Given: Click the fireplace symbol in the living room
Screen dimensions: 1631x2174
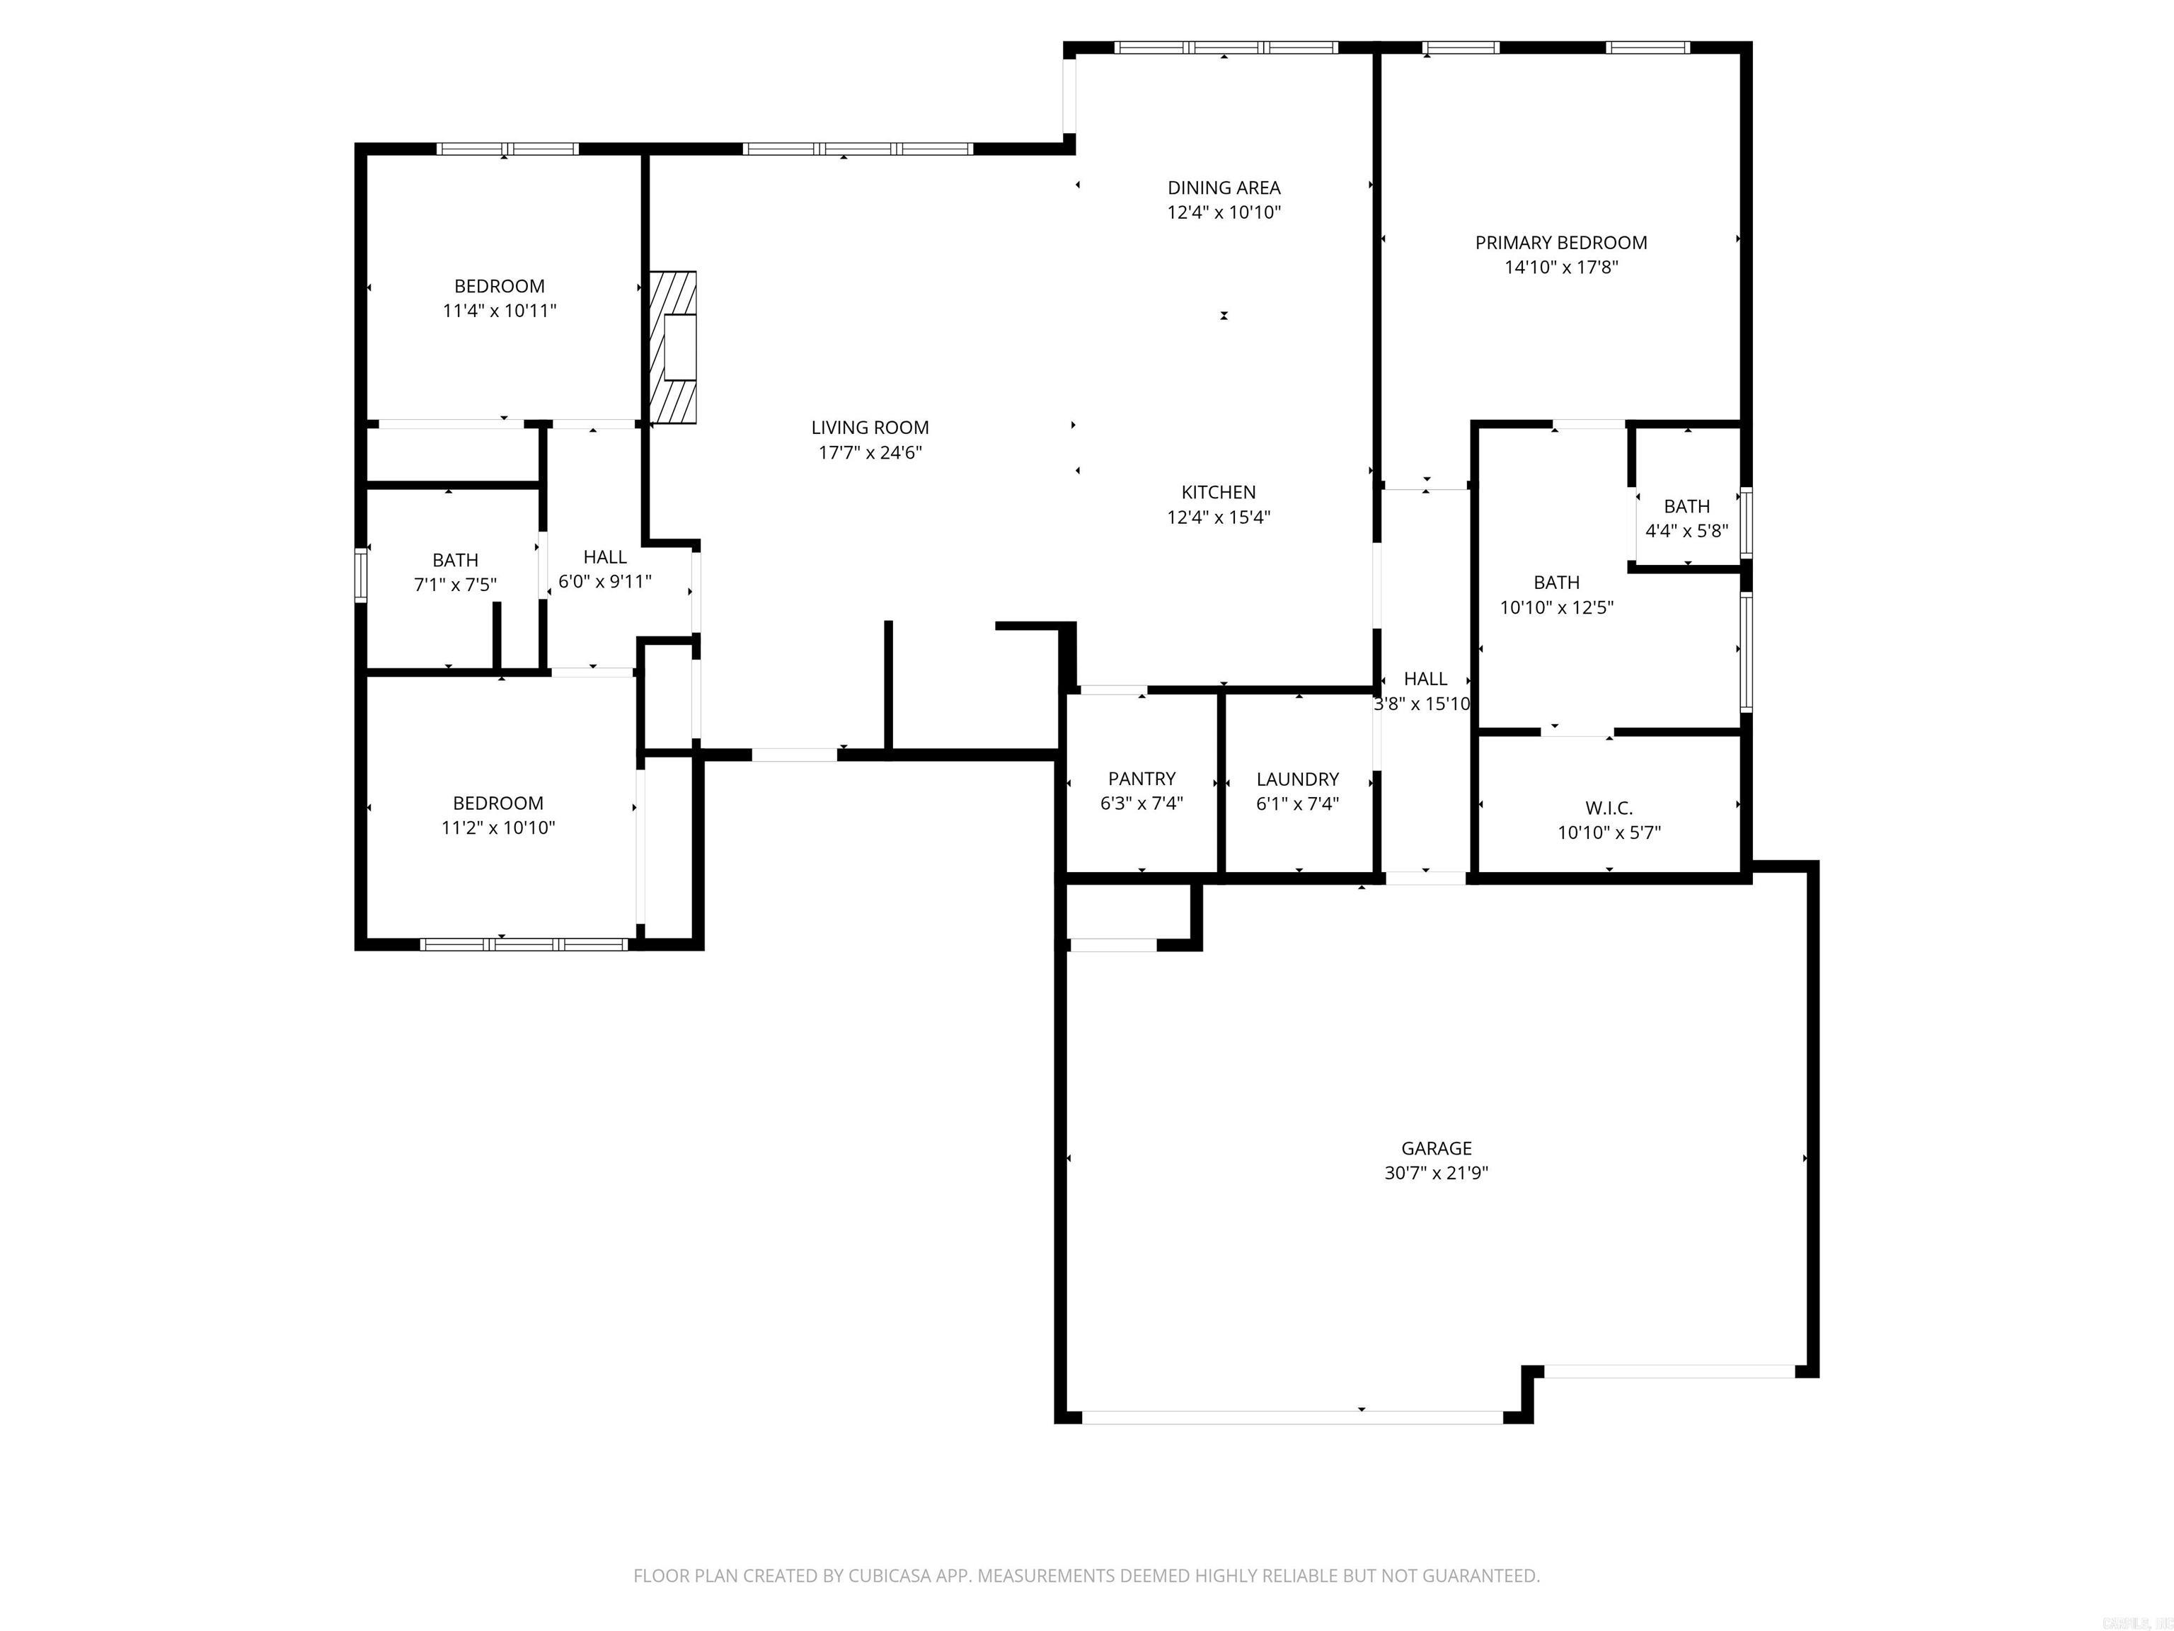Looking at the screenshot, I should pyautogui.click(x=673, y=347).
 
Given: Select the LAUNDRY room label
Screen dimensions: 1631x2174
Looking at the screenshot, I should pyautogui.click(x=1297, y=779).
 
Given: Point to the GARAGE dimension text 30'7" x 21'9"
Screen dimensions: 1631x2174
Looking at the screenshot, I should pyautogui.click(x=1436, y=1173).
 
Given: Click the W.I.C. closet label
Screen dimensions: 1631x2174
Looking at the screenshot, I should pyautogui.click(x=1609, y=808).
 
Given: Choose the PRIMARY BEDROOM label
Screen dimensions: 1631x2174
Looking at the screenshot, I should pyautogui.click(x=1560, y=243).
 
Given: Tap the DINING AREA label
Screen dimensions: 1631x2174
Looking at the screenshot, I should pyautogui.click(x=1224, y=188).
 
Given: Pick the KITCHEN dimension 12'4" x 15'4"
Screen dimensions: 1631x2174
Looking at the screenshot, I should pyautogui.click(x=1219, y=518).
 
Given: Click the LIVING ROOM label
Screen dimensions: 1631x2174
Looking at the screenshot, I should pyautogui.click(x=870, y=428).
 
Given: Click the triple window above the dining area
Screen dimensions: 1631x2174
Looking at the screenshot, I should pyautogui.click(x=1226, y=47).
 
